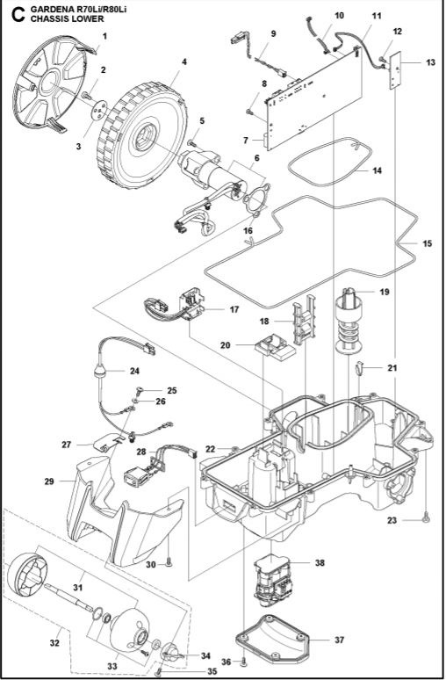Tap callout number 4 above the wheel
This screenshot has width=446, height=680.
(x=183, y=61)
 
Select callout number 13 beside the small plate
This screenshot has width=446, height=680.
(x=429, y=63)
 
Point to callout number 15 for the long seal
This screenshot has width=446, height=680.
(x=428, y=242)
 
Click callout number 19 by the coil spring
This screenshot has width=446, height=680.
(x=385, y=291)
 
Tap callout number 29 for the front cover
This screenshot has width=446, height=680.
(x=49, y=481)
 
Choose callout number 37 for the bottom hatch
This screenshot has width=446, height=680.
(x=339, y=640)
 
